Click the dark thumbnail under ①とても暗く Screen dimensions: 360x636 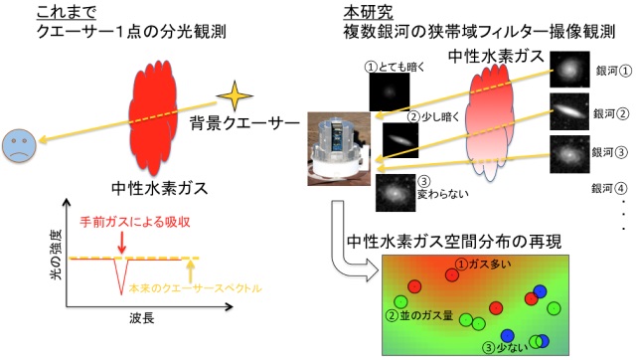pos(390,95)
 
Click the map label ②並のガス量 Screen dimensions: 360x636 pos(421,316)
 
